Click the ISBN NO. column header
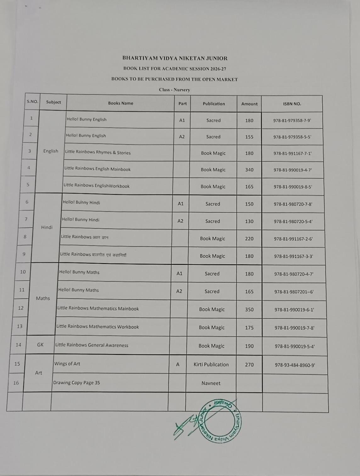[x=292, y=104]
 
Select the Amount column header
[x=249, y=104]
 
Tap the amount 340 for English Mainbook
[x=249, y=170]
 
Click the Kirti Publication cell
[x=211, y=365]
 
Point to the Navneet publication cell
[x=211, y=383]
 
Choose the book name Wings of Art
[x=67, y=364]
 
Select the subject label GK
[x=40, y=345]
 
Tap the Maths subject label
[x=43, y=298]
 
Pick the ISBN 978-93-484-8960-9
[x=295, y=365]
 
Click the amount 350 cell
[x=249, y=309]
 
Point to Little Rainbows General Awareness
[x=92, y=345]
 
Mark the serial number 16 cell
[x=16, y=383]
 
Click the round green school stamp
[x=220, y=421]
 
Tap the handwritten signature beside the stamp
[x=186, y=427]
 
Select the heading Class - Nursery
[x=174, y=90]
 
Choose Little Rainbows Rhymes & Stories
[x=98, y=152]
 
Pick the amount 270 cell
[x=249, y=365]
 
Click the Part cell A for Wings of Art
[x=177, y=364]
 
